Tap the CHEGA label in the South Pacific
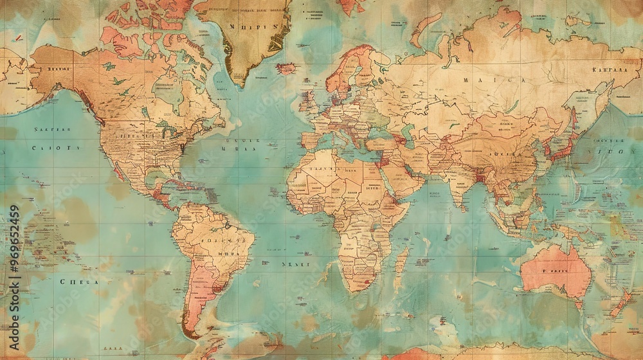79,282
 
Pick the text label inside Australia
555,271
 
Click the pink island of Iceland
286,68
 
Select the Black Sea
374,132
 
